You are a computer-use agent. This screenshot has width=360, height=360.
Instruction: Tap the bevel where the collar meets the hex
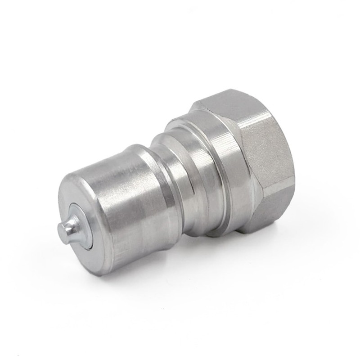(234, 148)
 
